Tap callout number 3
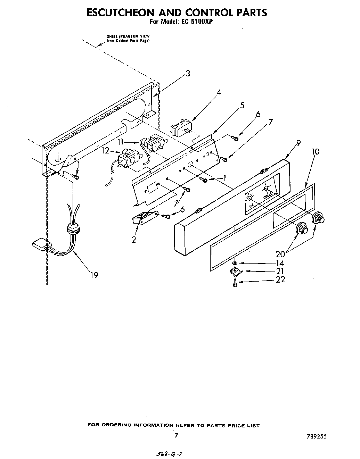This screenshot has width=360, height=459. tap(188, 74)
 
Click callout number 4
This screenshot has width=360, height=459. tap(219, 92)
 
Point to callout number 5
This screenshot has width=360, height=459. tap(242, 105)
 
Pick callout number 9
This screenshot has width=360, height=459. tap(298, 143)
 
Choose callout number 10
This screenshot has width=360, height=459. tap(316, 152)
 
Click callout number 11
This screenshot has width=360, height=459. tap(120, 142)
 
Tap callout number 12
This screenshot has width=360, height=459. tap(105, 151)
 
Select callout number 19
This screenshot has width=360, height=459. tap(94, 275)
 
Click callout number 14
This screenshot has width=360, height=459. tap(280, 263)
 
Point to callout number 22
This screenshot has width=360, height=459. tap(280, 279)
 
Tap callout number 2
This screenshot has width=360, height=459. tap(134, 239)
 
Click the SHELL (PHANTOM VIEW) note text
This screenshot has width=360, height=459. tap(128, 38)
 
